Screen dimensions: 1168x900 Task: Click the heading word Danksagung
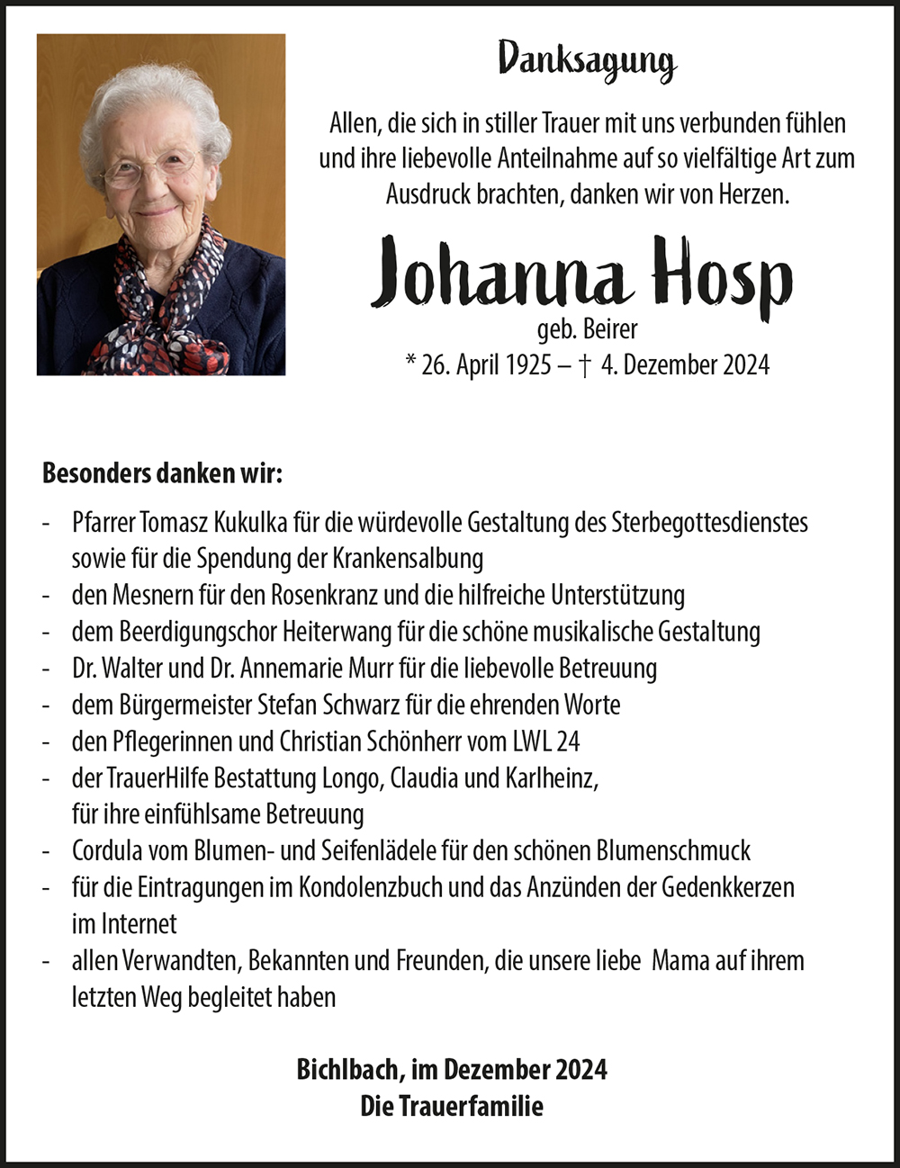(x=587, y=61)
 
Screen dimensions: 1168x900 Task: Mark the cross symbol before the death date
(x=585, y=365)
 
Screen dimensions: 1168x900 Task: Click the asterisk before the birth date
(x=409, y=363)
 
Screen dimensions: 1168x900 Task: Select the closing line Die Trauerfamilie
(x=452, y=1106)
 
